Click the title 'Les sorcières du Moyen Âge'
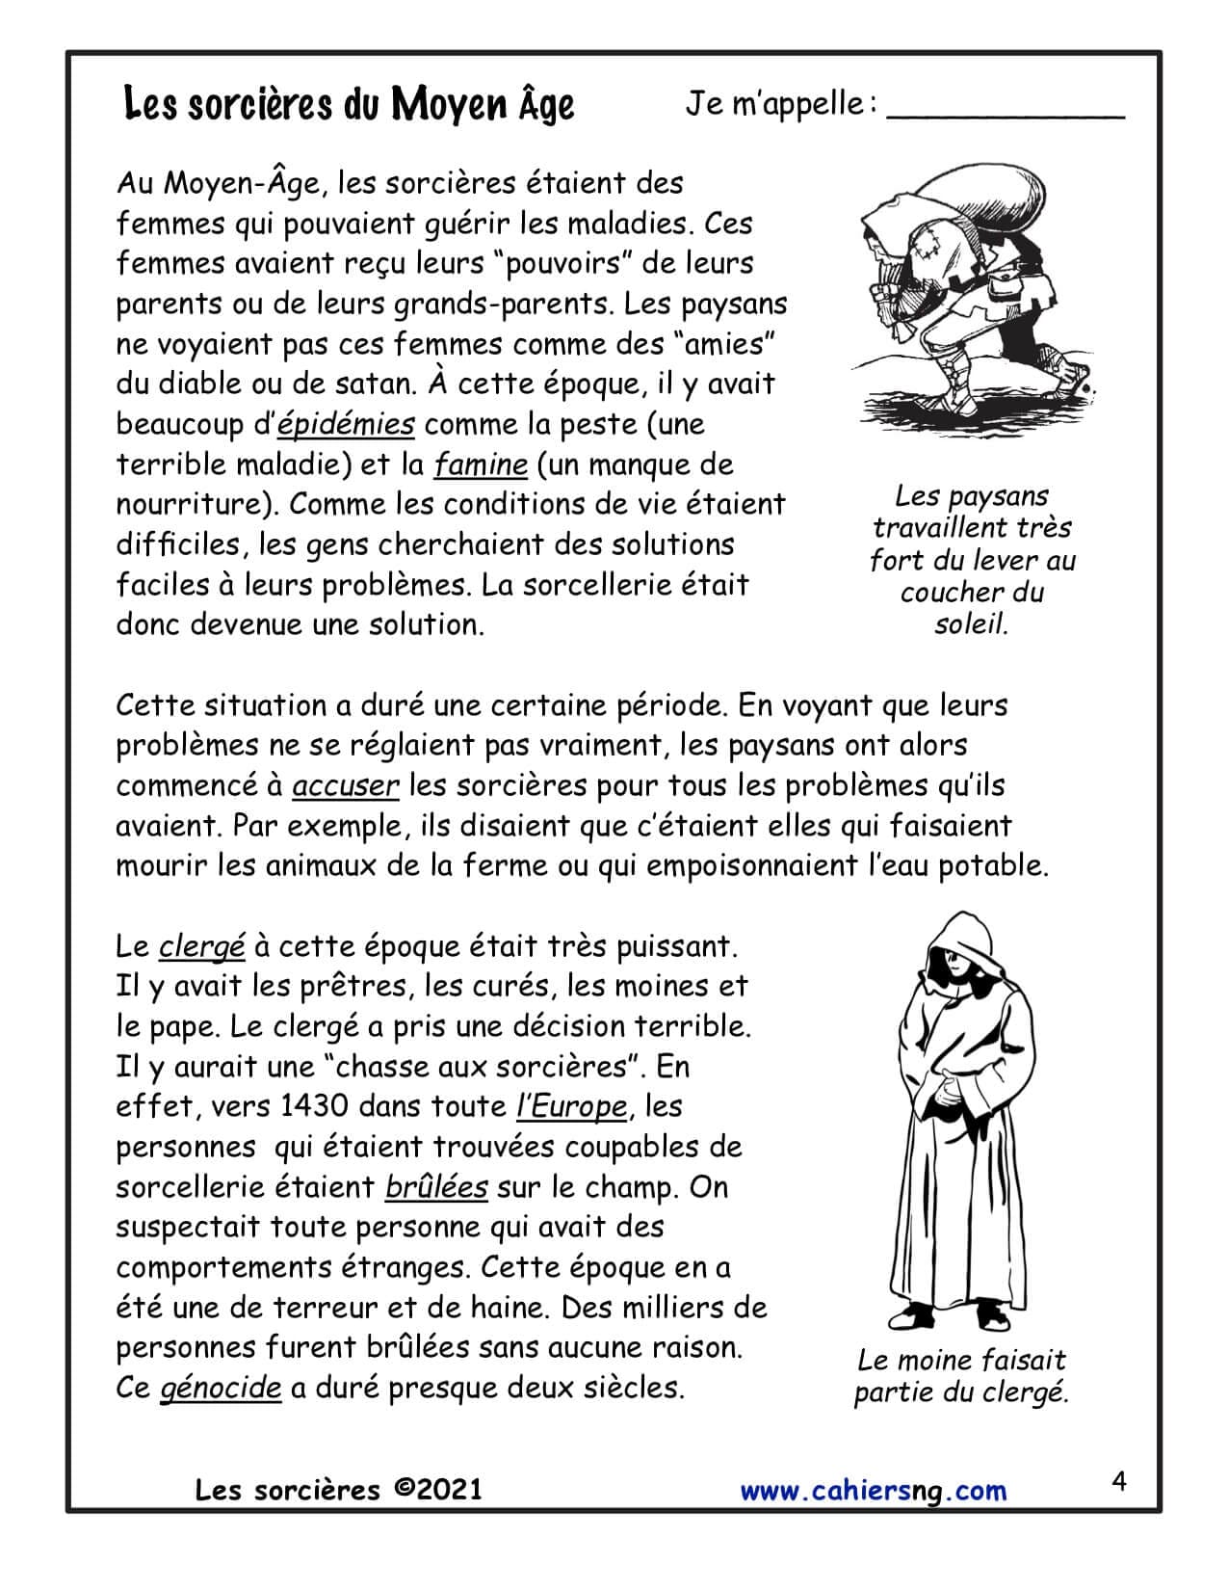349,104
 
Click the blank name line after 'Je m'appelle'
1005,108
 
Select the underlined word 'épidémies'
346,424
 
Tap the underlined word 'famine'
481,464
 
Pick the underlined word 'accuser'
345,785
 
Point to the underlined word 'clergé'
201,946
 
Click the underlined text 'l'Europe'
572,1106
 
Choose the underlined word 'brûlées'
436,1186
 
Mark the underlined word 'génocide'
221,1388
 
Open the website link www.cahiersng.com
873,1491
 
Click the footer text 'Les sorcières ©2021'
338,1490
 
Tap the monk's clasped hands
946,1092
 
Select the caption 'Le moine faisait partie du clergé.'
961,1376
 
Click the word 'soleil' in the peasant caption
971,624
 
